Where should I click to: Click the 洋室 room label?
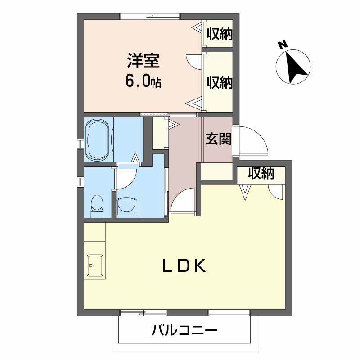pyautogui.click(x=144, y=61)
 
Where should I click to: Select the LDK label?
pyautogui.click(x=184, y=265)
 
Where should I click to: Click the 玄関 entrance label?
pyautogui.click(x=218, y=139)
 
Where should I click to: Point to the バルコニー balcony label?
pyautogui.click(x=184, y=331)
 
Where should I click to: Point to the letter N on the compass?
pyautogui.click(x=283, y=44)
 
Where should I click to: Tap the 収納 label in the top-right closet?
pyautogui.click(x=219, y=34)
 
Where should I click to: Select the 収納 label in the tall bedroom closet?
pyautogui.click(x=219, y=82)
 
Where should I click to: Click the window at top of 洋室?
pyautogui.click(x=150, y=17)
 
